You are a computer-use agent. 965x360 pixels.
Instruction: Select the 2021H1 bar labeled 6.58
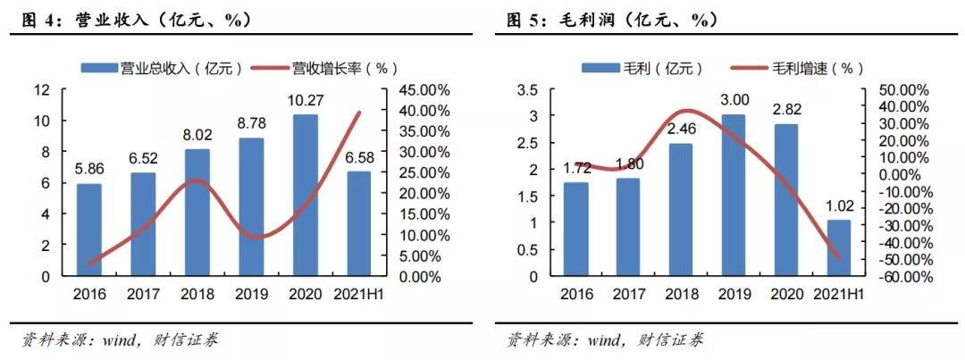pos(357,223)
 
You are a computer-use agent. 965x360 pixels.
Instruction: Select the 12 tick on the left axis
pos(42,90)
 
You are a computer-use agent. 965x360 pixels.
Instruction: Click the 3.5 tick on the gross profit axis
pos(528,90)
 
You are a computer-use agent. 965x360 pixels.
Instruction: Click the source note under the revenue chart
pos(120,339)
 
